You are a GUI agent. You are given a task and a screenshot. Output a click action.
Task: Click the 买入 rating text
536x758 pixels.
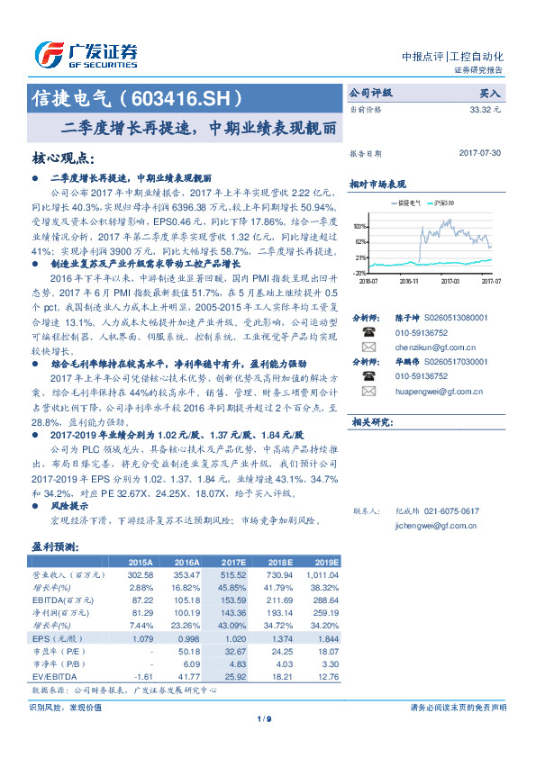tap(489, 93)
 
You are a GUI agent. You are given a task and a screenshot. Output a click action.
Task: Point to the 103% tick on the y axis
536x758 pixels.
tap(359, 226)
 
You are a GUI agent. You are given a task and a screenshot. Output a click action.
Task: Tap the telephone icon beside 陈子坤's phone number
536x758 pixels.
tap(368, 331)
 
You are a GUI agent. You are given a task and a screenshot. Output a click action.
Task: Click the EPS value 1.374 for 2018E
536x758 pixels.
tap(277, 638)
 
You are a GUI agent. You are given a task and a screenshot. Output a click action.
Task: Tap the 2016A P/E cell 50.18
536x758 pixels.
tap(186, 649)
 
